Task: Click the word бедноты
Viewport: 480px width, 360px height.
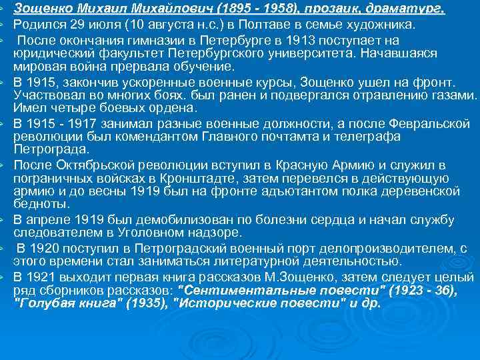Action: (x=41, y=204)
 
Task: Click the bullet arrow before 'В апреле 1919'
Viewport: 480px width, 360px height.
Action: (x=4, y=221)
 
